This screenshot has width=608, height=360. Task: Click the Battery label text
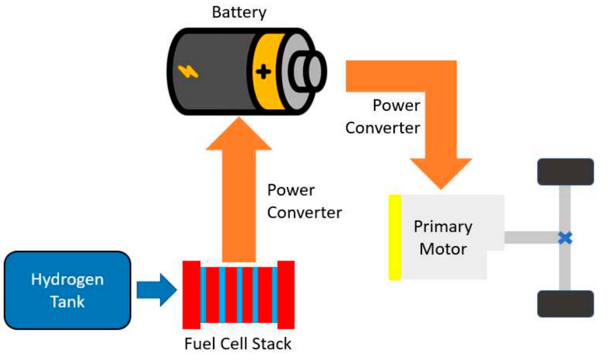tap(239, 12)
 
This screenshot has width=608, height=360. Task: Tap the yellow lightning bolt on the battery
tap(188, 72)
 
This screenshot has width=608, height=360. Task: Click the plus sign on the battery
tap(263, 72)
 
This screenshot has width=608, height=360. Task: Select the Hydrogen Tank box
tap(67, 290)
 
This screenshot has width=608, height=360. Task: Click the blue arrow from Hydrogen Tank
tap(156, 290)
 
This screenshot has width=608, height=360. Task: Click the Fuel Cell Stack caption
tap(238, 344)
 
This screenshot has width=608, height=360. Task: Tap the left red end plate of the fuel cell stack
tap(191, 295)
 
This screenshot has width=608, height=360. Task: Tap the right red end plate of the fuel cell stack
tap(286, 295)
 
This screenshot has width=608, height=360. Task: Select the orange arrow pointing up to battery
tap(239, 192)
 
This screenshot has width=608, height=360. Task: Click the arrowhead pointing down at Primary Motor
tap(441, 172)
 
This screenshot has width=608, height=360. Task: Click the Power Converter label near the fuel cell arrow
tap(304, 201)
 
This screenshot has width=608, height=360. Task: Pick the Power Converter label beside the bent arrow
tap(383, 117)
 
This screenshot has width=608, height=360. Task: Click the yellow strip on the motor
tap(395, 237)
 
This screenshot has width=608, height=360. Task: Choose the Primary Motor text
tap(443, 238)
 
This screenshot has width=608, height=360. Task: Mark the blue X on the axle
tap(565, 238)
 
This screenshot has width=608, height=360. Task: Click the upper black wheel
tap(565, 172)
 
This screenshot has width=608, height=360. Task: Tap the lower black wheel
tap(565, 304)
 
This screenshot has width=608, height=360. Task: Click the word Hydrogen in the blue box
tap(67, 279)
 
